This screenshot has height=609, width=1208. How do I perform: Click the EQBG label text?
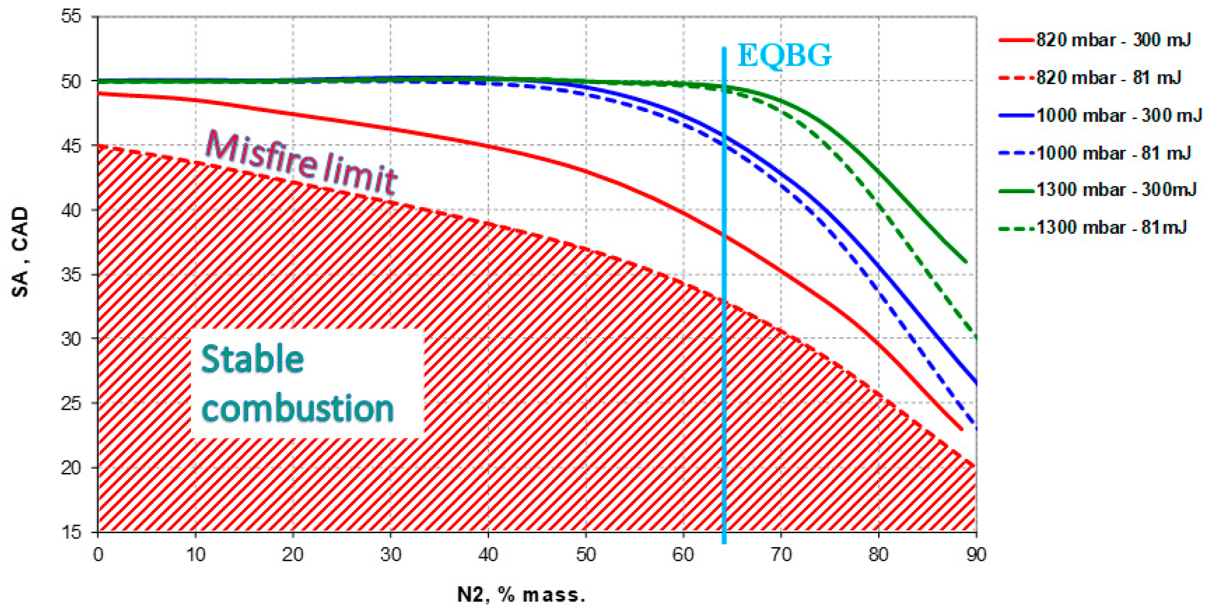point(785,55)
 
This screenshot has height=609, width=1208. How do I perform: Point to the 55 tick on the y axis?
point(71,17)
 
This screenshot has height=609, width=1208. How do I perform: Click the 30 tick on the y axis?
point(71,338)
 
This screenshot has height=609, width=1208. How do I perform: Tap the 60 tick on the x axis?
point(683,555)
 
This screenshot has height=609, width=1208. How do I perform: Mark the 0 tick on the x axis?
point(98,555)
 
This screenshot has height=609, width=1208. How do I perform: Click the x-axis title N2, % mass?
point(521,595)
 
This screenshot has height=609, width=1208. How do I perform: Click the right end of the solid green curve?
point(966,262)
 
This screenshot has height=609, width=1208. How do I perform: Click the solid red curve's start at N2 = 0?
point(99,94)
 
